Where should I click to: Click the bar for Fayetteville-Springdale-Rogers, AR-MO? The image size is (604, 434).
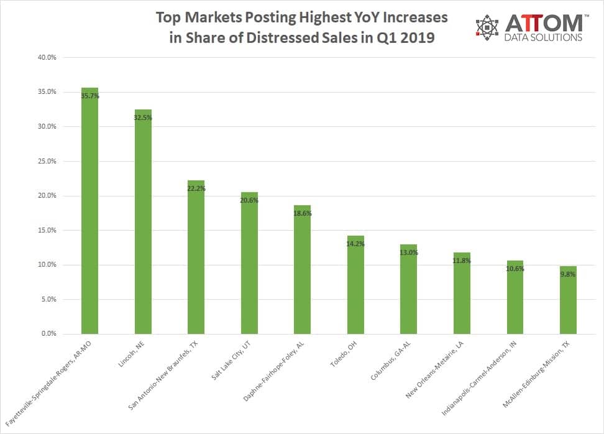tap(89, 211)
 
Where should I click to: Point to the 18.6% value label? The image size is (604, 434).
tap(303, 213)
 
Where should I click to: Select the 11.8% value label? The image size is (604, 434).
tap(462, 261)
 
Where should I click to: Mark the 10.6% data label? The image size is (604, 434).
tap(515, 269)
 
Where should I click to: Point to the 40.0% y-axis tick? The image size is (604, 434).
tap(48, 58)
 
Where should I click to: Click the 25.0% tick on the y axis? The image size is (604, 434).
tap(48, 161)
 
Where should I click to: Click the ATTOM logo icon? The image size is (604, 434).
tap(487, 26)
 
